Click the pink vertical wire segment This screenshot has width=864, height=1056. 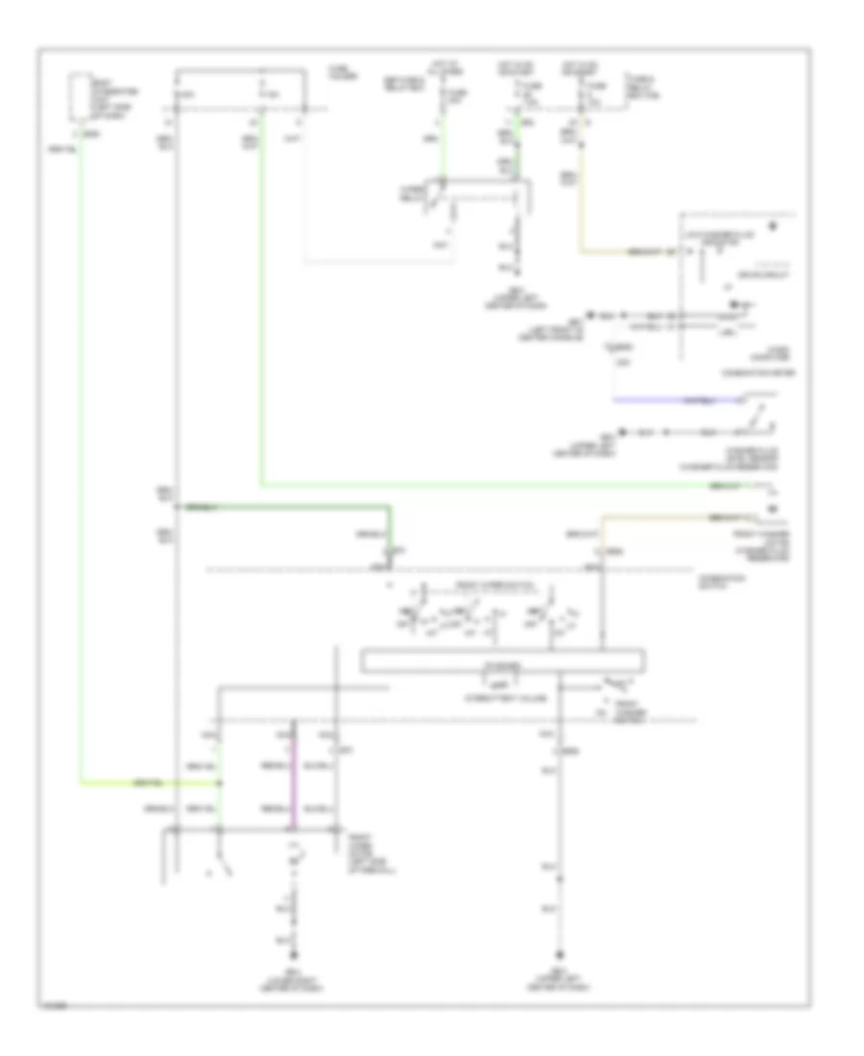pos(295,773)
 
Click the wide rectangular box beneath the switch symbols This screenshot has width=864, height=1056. pos(501,661)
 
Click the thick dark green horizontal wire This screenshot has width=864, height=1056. pos(288,506)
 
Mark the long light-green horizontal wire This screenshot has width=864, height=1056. pos(509,485)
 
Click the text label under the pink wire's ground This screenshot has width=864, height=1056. pos(296,980)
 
